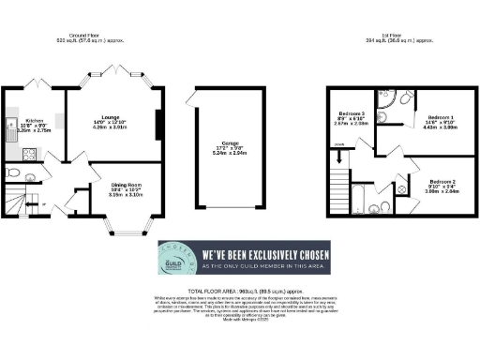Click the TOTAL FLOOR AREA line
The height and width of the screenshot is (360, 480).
[x=240, y=292]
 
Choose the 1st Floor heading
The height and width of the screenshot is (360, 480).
[x=392, y=36]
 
